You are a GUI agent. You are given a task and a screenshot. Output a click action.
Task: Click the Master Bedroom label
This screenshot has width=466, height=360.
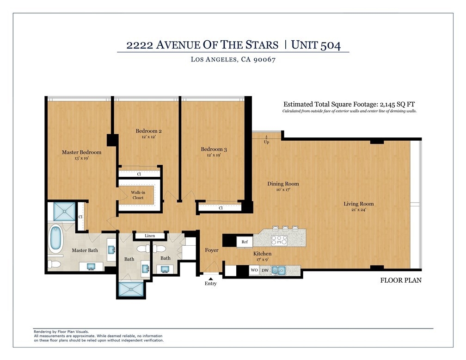(x=81, y=152)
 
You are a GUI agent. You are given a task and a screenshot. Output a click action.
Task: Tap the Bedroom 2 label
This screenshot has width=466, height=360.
(x=148, y=131)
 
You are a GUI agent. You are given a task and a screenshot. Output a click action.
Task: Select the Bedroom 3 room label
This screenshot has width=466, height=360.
(x=214, y=149)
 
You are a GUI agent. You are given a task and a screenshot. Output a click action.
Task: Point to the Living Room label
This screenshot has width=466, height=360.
(x=359, y=204)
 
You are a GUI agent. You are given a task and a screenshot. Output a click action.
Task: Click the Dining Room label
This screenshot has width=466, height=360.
(x=283, y=184)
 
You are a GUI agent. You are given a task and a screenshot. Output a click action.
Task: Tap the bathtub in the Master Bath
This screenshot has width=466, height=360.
(x=55, y=238)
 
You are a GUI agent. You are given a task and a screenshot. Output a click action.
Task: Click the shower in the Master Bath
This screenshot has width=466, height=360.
(x=65, y=211)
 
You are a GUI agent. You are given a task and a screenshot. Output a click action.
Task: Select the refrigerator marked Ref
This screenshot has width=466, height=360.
(x=245, y=242)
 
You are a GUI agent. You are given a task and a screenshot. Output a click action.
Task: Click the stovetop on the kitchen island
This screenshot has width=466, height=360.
(x=279, y=241)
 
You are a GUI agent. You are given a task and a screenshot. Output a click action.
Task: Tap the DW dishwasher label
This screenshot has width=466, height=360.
(x=265, y=270)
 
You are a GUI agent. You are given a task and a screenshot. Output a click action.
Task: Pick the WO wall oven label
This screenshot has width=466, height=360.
(x=254, y=270)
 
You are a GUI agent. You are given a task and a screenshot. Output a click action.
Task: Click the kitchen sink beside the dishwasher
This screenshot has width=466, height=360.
(x=278, y=270)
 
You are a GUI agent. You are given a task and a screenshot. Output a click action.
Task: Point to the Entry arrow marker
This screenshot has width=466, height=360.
(x=210, y=279)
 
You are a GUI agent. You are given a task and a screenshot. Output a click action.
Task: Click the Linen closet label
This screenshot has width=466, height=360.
(x=150, y=236)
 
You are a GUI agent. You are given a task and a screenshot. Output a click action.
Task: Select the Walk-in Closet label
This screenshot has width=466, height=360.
(x=138, y=195)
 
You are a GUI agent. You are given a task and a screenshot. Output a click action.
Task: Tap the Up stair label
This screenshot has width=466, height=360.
(x=267, y=142)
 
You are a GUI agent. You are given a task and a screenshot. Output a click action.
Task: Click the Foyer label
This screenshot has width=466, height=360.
(x=212, y=250)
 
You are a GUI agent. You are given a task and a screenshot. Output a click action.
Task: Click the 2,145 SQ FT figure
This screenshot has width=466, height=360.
(x=397, y=104)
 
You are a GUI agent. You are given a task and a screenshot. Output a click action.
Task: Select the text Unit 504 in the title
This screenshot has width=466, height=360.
(x=316, y=45)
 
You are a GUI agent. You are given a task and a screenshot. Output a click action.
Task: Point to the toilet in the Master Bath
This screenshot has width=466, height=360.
(x=55, y=264)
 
